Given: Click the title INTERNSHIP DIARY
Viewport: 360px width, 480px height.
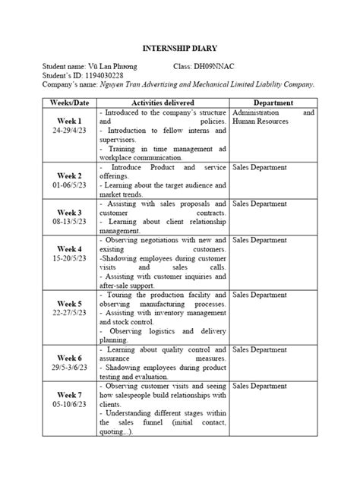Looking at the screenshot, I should coord(180,48).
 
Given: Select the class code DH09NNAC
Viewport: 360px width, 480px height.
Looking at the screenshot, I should coord(222,67).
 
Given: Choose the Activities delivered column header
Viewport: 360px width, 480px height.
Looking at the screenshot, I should coord(163,102).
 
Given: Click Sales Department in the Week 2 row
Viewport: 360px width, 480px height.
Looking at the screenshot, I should coord(260,166).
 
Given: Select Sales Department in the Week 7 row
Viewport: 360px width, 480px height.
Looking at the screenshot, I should coord(260,386).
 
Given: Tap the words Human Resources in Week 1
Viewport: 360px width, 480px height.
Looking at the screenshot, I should coord(261,121).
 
